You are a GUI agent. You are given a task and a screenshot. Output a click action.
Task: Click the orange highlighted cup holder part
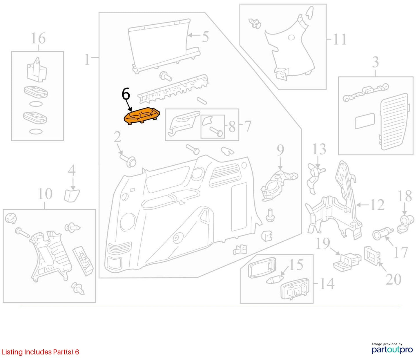pyautogui.click(x=142, y=116)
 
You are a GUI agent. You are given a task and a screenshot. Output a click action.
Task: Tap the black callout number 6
pyautogui.click(x=126, y=95)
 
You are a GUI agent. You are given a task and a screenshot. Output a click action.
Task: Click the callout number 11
pyautogui.click(x=340, y=39)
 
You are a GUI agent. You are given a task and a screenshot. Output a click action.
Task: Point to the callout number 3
pyautogui.click(x=376, y=62)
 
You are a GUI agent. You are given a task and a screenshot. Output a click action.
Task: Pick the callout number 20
pyautogui.click(x=393, y=279)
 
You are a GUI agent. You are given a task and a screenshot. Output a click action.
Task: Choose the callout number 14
pyautogui.click(x=327, y=284)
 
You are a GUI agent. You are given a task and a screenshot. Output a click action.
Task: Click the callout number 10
pyautogui.click(x=45, y=194)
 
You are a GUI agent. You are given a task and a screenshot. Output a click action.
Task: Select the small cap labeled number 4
pyautogui.click(x=72, y=195)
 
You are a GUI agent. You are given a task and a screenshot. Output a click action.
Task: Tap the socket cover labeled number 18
pyautogui.click(x=405, y=224)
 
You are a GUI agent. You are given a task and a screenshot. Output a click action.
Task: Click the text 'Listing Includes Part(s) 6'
pyautogui.click(x=40, y=352)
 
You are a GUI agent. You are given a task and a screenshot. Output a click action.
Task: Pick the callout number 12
pyautogui.click(x=377, y=205)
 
